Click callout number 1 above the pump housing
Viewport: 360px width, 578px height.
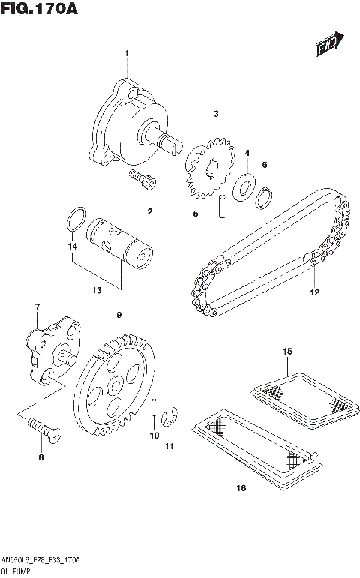[x=127, y=52]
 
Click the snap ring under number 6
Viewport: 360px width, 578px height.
[x=264, y=196]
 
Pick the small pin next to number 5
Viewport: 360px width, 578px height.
[x=223, y=207]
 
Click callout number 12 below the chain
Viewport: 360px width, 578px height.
[x=315, y=292]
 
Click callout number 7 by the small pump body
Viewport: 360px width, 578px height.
[x=36, y=307]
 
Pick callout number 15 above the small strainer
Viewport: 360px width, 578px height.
[x=286, y=351]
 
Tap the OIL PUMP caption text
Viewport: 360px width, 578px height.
[x=16, y=571]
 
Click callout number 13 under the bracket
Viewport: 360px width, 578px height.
[x=97, y=291]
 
